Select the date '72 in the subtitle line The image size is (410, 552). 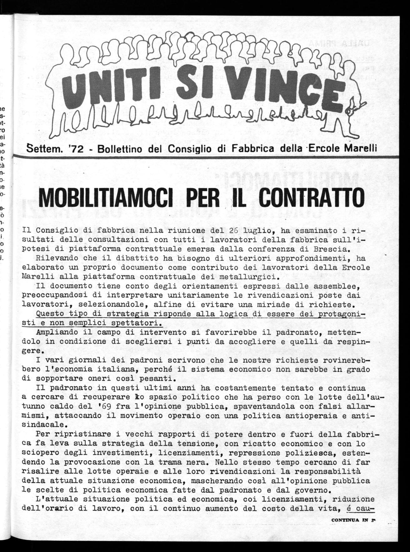point(76,149)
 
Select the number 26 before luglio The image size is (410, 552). point(234,231)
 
